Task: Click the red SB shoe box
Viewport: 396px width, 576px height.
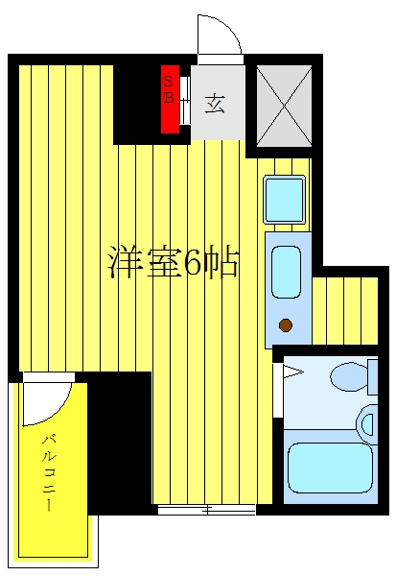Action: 171,99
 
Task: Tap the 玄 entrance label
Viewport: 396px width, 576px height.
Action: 215,104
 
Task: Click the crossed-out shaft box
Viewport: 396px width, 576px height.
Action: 284,107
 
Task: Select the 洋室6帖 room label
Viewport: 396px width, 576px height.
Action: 174,264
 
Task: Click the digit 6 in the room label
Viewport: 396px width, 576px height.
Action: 193,264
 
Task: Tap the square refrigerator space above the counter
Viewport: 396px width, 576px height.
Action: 285,200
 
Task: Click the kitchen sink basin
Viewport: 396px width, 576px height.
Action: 286,272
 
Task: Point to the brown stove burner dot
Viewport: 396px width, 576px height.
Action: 286,325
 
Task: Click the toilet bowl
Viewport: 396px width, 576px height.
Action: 350,377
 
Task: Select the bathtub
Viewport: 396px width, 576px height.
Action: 330,468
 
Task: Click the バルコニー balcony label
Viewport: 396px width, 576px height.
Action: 49,473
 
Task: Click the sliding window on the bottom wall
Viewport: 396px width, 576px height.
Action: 206,510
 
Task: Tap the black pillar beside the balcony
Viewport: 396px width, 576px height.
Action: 119,443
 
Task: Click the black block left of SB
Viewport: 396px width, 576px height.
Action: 137,105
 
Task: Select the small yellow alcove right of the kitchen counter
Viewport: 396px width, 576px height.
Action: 345,311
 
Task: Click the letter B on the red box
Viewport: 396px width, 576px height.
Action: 168,97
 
